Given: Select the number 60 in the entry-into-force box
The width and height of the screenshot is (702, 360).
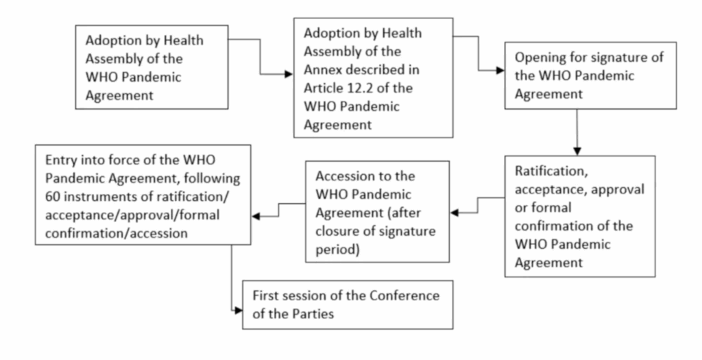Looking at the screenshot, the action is [x=52, y=197].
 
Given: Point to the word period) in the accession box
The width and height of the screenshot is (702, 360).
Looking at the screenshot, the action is [x=337, y=250].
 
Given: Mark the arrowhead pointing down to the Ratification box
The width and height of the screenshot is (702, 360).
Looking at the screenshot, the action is [x=577, y=152].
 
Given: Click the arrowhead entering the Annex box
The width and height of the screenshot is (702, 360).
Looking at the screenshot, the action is [x=289, y=74].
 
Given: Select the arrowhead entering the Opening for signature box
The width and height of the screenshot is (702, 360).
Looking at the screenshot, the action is [x=500, y=71].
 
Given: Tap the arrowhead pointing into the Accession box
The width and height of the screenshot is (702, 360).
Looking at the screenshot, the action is [x=455, y=213].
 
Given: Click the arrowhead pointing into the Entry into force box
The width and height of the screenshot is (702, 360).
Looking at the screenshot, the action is [x=256, y=217].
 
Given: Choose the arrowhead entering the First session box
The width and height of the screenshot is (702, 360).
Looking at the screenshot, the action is [x=238, y=311].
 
